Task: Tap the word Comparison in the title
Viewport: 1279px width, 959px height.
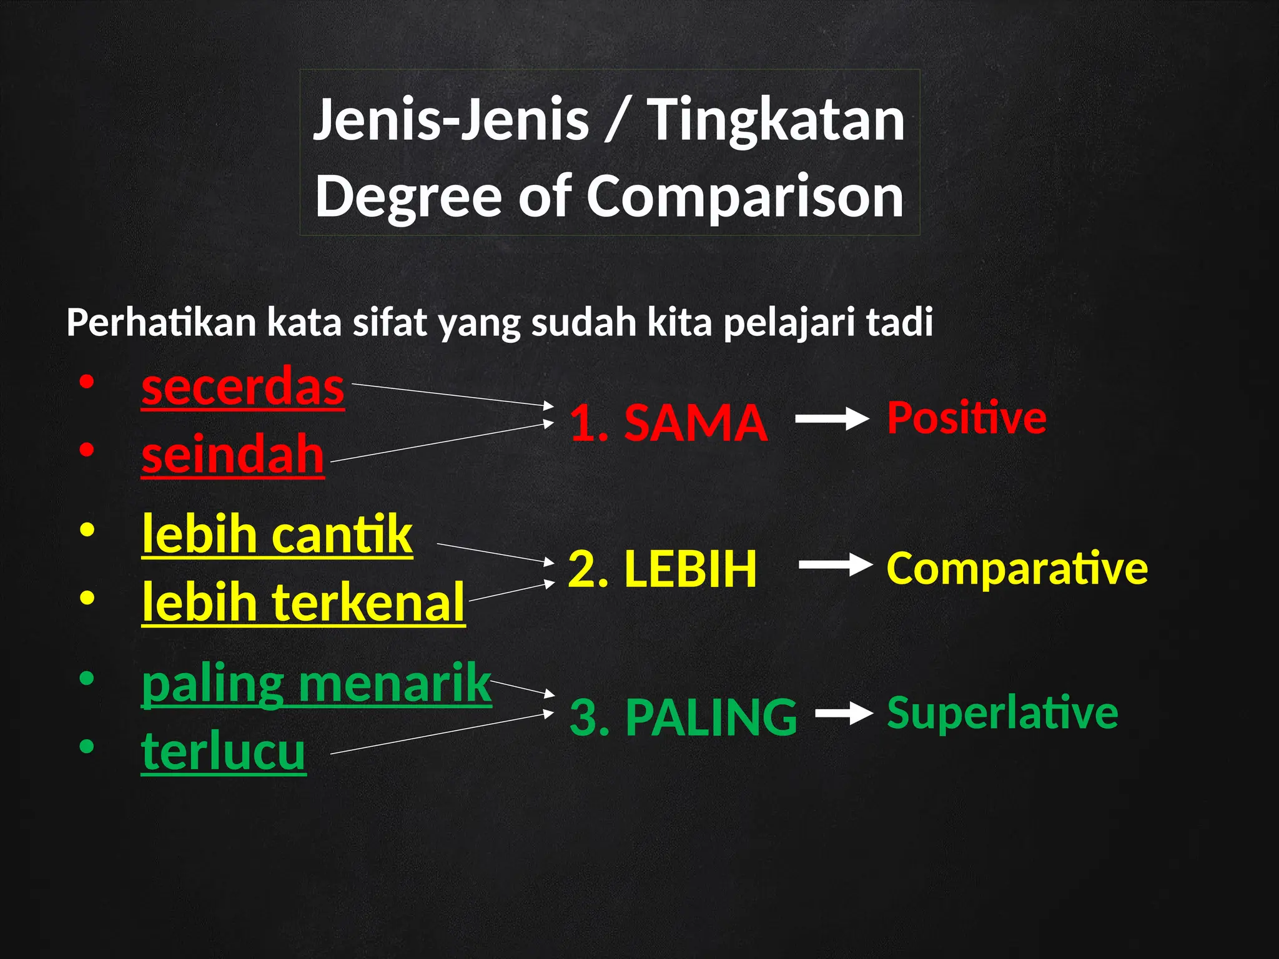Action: (744, 196)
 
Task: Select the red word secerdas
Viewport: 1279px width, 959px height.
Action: (242, 387)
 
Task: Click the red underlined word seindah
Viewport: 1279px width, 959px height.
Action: (232, 455)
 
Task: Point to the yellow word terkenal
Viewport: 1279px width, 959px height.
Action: (368, 602)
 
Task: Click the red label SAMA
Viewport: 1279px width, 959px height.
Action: (696, 423)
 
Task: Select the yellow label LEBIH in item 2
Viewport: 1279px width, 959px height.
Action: (690, 569)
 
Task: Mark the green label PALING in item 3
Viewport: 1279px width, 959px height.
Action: (711, 717)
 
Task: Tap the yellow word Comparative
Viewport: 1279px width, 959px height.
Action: (1017, 568)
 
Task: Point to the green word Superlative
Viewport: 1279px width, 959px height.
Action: (1002, 712)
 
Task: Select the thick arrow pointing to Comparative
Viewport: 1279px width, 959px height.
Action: (835, 566)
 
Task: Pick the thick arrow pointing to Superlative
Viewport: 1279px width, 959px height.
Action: (843, 714)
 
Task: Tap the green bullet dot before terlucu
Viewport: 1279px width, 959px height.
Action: (87, 746)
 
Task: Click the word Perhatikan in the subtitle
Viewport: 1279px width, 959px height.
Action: (161, 323)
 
